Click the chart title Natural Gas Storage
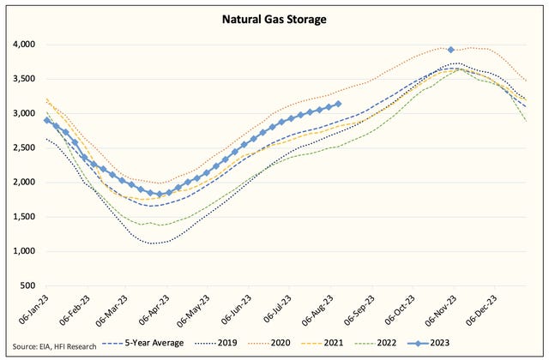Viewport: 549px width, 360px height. [x=276, y=16]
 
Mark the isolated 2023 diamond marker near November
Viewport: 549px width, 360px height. [x=451, y=50]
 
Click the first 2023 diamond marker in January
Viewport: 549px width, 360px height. [x=47, y=119]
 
